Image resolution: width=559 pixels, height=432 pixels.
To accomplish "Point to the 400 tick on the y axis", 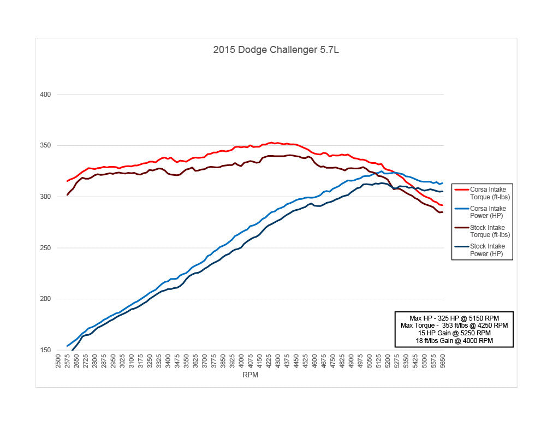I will tap(45, 94).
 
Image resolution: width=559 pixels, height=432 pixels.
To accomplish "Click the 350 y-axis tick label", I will tap(45, 145).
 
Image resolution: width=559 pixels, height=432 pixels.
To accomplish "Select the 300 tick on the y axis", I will tap(45, 197).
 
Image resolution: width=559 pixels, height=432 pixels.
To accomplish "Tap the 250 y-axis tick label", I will tap(45, 248).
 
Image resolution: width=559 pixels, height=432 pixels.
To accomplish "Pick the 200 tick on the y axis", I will tap(45, 299).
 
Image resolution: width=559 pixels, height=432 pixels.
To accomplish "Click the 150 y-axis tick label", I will tap(45, 350).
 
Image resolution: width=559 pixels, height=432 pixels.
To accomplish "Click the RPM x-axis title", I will tap(251, 375).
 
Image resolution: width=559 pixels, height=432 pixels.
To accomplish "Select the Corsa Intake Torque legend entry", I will tap(487, 193).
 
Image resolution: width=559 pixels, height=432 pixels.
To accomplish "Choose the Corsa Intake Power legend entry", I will tap(487, 212).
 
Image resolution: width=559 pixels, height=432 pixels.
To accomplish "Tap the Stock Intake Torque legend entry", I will tap(487, 231).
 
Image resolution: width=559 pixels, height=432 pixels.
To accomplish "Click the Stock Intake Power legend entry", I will tap(487, 250).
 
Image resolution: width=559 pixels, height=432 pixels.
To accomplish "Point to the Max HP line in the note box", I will tap(454, 318).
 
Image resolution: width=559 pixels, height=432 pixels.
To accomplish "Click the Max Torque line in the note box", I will tap(454, 326).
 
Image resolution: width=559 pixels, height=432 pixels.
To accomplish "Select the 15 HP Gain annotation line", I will tap(454, 333).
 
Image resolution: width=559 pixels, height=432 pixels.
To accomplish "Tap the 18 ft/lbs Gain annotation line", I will tap(454, 341).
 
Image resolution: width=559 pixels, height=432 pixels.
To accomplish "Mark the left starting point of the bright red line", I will tap(67, 181).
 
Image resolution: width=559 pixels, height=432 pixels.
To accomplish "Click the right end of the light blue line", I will tap(442, 183).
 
